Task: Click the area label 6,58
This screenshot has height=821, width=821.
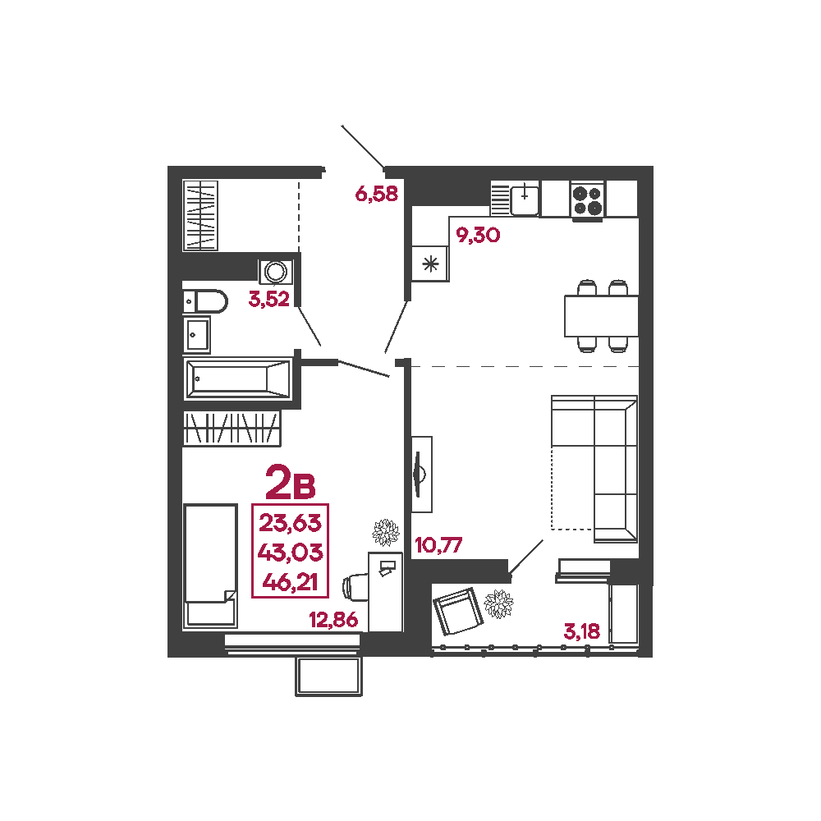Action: [x=377, y=195]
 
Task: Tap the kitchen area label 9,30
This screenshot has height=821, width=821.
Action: [x=478, y=235]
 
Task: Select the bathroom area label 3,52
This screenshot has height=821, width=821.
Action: [x=269, y=299]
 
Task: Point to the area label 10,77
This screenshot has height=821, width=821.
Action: [x=438, y=545]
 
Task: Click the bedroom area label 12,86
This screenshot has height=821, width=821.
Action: [x=333, y=620]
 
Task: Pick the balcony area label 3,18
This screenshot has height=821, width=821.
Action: [x=582, y=631]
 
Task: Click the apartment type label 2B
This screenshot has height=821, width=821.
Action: [x=291, y=482]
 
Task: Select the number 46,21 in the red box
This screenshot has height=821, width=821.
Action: [x=290, y=582]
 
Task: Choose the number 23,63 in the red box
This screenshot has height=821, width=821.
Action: [x=290, y=523]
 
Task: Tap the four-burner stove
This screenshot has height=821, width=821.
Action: [x=587, y=200]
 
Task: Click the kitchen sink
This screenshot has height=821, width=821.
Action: [x=525, y=199]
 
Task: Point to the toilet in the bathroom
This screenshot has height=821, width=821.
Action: [x=205, y=301]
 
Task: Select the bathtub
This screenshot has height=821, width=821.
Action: [x=238, y=378]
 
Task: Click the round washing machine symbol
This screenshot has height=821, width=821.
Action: [x=275, y=272]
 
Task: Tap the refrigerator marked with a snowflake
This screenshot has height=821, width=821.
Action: [x=430, y=264]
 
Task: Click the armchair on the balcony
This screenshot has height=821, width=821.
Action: [x=458, y=612]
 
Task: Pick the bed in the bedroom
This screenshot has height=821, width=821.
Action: [x=210, y=566]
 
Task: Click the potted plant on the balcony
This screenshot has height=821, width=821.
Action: [x=498, y=603]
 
